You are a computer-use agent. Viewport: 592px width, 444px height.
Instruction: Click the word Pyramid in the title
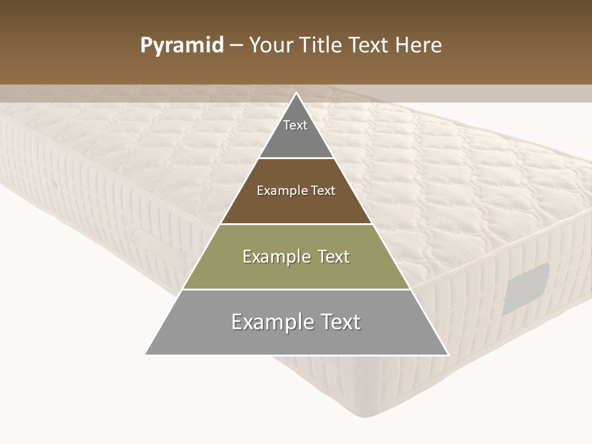coord(182,45)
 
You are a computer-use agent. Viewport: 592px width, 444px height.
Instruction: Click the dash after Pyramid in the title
coord(236,46)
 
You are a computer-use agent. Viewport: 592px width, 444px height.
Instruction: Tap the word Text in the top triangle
coord(295,125)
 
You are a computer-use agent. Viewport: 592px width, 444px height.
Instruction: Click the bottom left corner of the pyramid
coord(146,354)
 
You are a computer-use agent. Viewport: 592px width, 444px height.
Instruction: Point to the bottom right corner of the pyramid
coord(448,354)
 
